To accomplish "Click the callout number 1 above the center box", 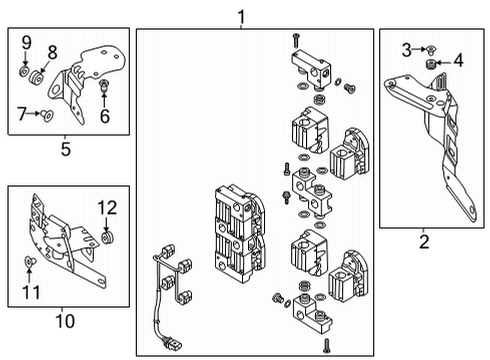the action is click(241, 17).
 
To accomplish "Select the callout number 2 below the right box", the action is click(424, 242).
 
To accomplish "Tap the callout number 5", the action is click(66, 149).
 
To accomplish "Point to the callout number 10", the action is click(65, 321).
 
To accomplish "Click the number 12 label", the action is click(107, 208).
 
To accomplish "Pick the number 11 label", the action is click(31, 292).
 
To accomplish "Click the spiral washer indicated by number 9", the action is click(24, 71).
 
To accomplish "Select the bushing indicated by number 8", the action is click(36, 79).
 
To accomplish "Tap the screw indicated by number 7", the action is click(47, 115).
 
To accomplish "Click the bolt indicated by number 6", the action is click(104, 85).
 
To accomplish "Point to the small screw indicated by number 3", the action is click(431, 50).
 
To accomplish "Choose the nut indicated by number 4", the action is click(431, 63).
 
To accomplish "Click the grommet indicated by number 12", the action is click(108, 237).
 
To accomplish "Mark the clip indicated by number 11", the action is click(30, 261).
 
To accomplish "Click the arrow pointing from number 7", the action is click(33, 113).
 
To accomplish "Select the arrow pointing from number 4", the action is click(443, 62).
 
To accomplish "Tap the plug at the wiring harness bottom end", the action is click(172, 343).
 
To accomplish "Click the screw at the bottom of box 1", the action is click(327, 346).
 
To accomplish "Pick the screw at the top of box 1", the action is click(295, 41).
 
